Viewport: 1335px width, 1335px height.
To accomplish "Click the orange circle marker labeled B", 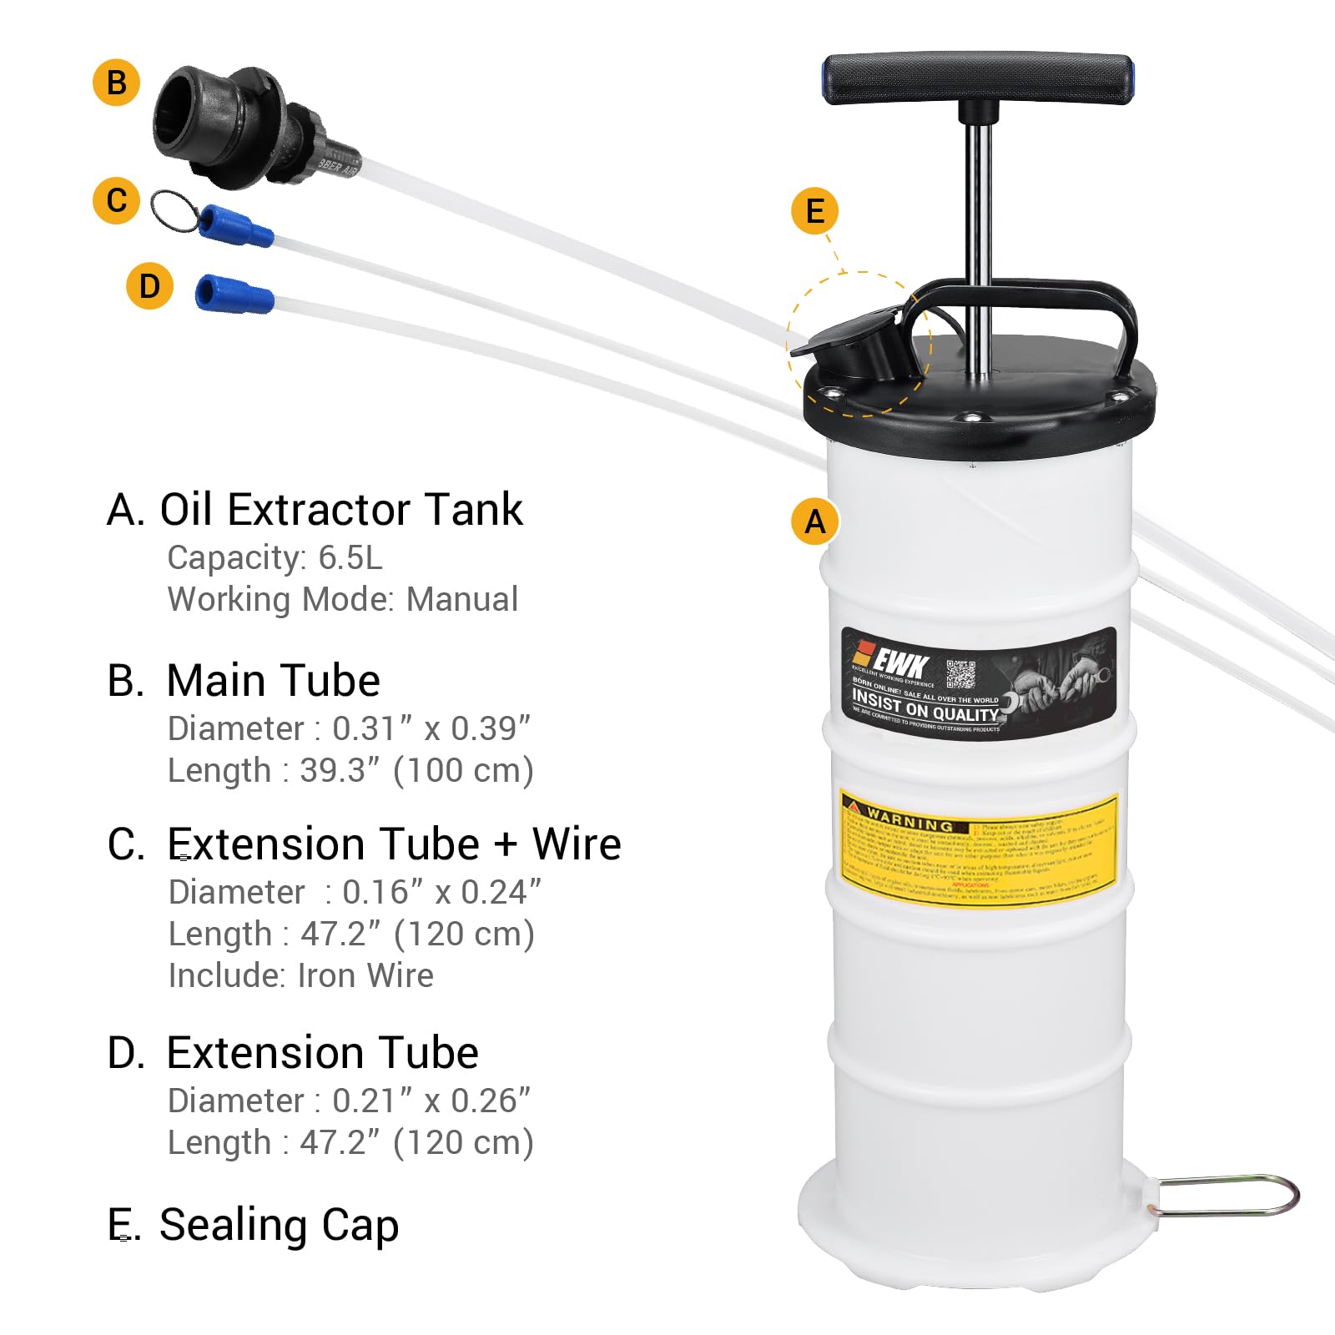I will coord(116,82).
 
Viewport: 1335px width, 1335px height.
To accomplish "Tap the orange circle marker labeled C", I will coord(116,200).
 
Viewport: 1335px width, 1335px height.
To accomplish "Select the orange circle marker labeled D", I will coord(149,286).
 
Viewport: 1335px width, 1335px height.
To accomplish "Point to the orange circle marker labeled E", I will coord(814,211).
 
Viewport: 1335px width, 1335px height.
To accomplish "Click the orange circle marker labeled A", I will coord(814,522).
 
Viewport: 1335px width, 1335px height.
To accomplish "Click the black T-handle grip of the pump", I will coord(977,79).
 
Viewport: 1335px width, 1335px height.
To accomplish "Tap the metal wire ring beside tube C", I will coord(174,209).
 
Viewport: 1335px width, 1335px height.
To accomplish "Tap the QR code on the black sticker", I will coord(961,675).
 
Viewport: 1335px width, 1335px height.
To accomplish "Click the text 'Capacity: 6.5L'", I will coord(275,557).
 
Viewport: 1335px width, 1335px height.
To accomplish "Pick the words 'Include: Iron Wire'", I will coord(300,975).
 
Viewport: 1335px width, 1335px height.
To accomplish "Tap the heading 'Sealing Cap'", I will coord(279,1225).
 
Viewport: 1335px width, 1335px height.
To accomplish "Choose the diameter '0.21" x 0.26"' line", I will coord(431,1101).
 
